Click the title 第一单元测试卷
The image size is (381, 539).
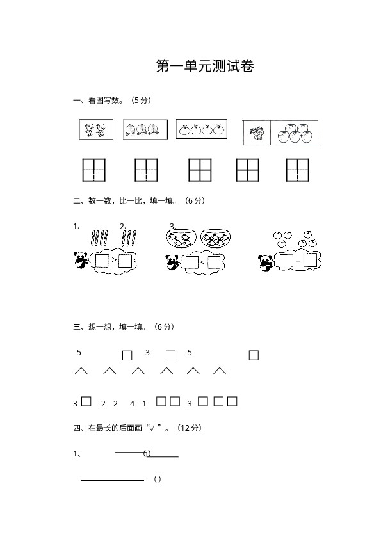click(205, 66)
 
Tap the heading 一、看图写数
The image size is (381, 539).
click(98, 101)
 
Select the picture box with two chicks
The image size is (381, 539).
click(96, 129)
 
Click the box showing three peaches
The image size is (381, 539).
click(145, 129)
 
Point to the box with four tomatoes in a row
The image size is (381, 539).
click(202, 129)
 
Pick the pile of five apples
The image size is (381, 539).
click(295, 133)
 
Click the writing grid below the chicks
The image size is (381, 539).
click(94, 170)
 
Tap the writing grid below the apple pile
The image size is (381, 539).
click(298, 170)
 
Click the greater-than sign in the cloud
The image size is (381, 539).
click(114, 261)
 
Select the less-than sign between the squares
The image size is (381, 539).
click(202, 262)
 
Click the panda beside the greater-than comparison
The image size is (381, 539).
click(81, 259)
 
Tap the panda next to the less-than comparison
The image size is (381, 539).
click(172, 262)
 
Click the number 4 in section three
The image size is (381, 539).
click(132, 404)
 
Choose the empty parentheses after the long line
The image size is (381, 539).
click(157, 479)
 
